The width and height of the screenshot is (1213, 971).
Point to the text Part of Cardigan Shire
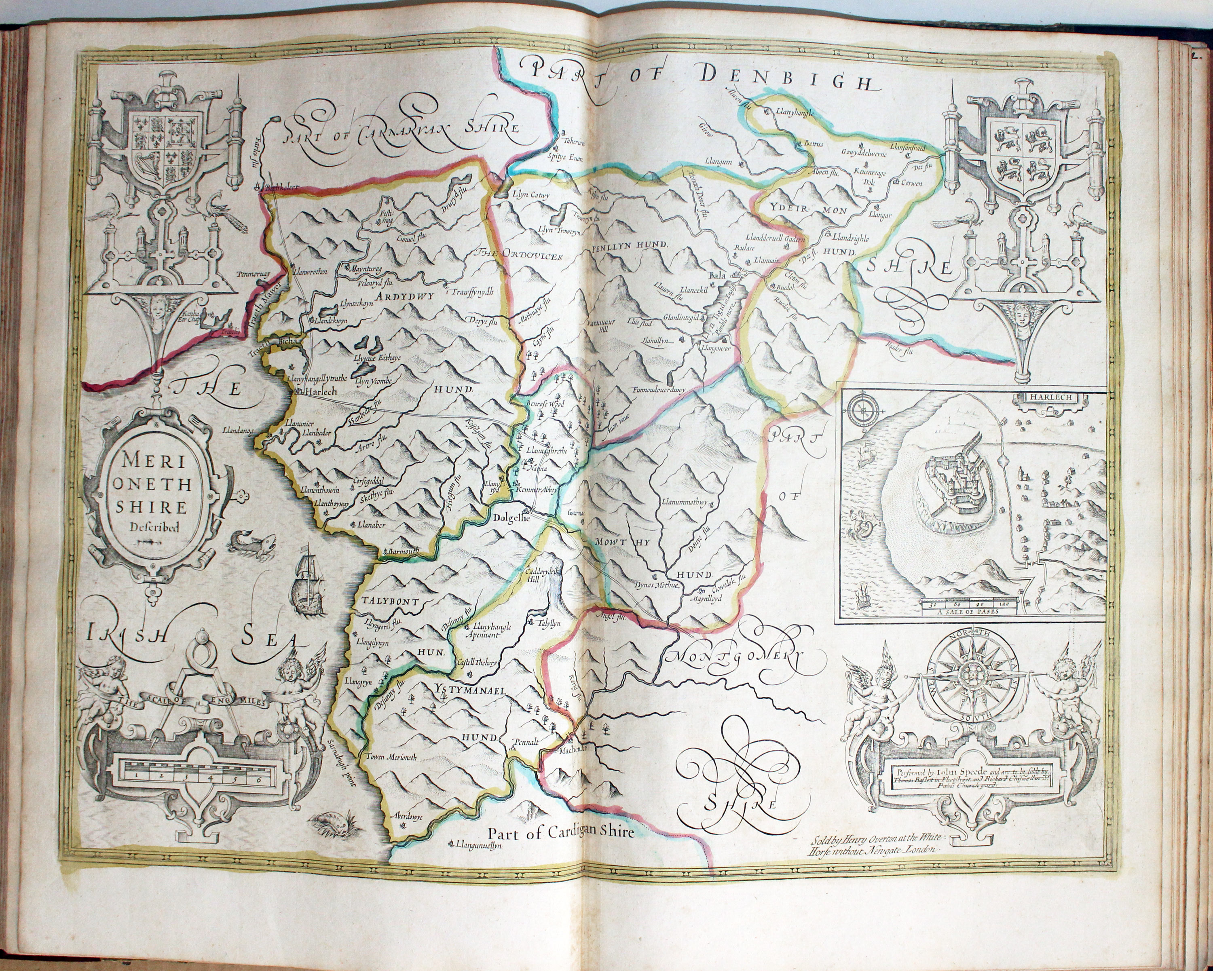pos(560,833)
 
